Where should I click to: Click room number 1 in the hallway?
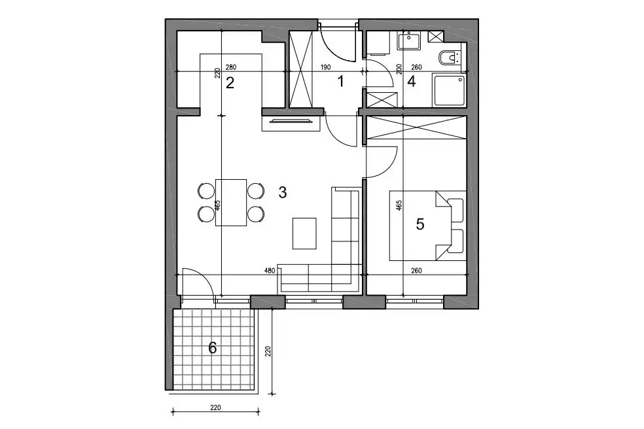tap(340, 82)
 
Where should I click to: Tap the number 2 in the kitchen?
tap(230, 83)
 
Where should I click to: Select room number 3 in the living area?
tap(282, 192)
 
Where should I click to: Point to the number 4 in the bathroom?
tap(411, 82)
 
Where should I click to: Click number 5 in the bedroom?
tap(420, 224)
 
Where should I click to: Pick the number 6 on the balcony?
tap(212, 348)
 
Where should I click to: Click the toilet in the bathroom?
tap(450, 58)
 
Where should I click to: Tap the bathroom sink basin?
tap(408, 42)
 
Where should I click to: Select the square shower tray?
tap(450, 90)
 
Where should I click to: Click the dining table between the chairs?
tap(231, 202)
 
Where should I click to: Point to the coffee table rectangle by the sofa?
tap(304, 233)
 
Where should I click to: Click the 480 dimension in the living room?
tap(270, 271)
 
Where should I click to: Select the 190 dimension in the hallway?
tap(325, 68)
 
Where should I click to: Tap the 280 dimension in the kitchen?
tap(231, 68)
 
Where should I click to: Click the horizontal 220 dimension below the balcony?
tap(215, 407)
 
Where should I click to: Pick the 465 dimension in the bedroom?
tap(399, 205)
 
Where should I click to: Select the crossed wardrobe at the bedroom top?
tap(416, 128)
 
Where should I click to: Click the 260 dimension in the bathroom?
tap(416, 68)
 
